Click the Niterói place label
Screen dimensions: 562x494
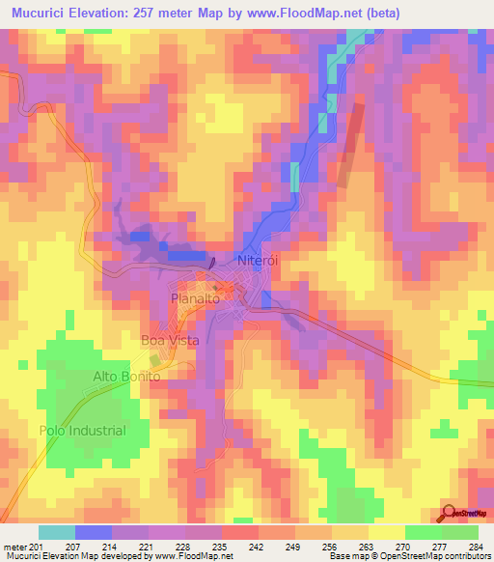click(258, 262)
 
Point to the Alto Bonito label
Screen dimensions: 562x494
click(124, 376)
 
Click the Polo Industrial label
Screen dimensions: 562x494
click(82, 431)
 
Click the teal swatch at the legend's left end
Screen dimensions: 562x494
click(56, 532)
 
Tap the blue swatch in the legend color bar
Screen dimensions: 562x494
click(94, 532)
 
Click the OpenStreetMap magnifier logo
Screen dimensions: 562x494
click(451, 513)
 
